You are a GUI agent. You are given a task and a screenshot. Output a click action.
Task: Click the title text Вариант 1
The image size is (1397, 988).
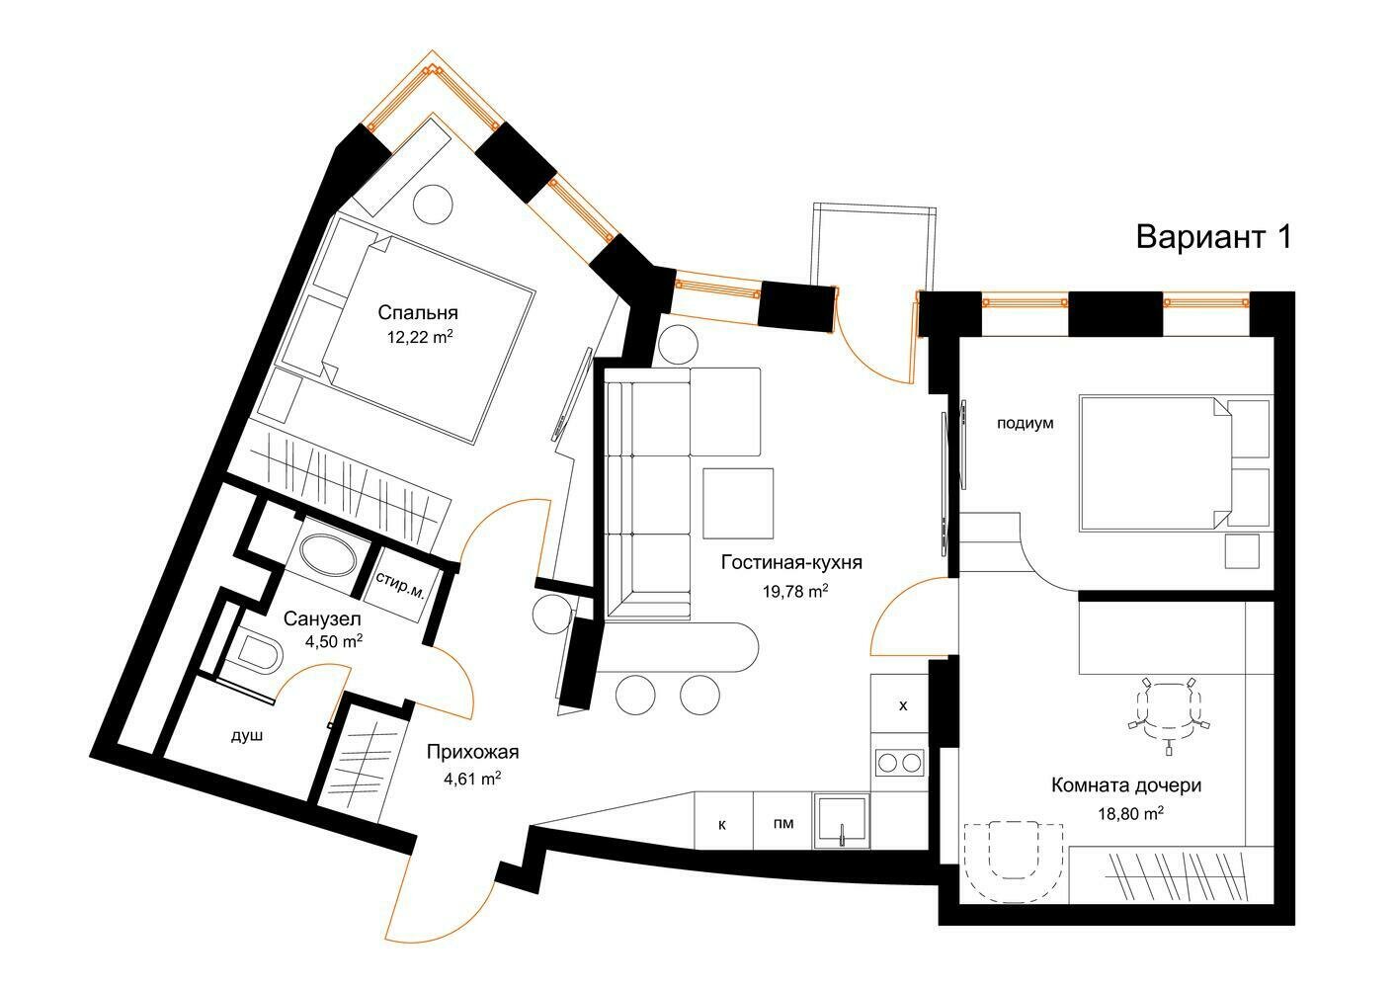click(1213, 238)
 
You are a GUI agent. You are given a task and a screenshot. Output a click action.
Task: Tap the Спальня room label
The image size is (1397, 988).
click(418, 312)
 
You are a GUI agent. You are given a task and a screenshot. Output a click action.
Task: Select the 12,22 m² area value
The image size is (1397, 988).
click(419, 338)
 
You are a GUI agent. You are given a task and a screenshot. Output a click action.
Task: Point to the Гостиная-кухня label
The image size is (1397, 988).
click(791, 562)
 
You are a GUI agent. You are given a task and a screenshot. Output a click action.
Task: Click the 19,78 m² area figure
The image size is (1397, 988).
click(795, 591)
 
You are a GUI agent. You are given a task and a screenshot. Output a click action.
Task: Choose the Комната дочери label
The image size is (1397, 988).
click(1126, 784)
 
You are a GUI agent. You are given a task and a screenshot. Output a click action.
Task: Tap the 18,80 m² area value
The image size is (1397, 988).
click(1131, 813)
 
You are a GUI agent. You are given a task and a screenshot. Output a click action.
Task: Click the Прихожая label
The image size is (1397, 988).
click(472, 752)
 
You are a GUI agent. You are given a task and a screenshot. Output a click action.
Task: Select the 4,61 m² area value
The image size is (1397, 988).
click(472, 779)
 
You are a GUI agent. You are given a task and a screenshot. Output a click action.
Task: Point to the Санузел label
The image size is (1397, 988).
click(322, 618)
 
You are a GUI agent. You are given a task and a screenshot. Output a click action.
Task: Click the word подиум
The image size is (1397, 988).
click(1026, 424)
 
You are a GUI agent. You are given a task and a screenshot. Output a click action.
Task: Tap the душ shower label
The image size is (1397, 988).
click(247, 736)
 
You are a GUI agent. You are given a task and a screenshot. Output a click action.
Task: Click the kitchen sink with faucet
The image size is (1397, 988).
click(842, 820)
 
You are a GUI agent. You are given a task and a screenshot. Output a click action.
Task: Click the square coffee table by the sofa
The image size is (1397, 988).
click(738, 503)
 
